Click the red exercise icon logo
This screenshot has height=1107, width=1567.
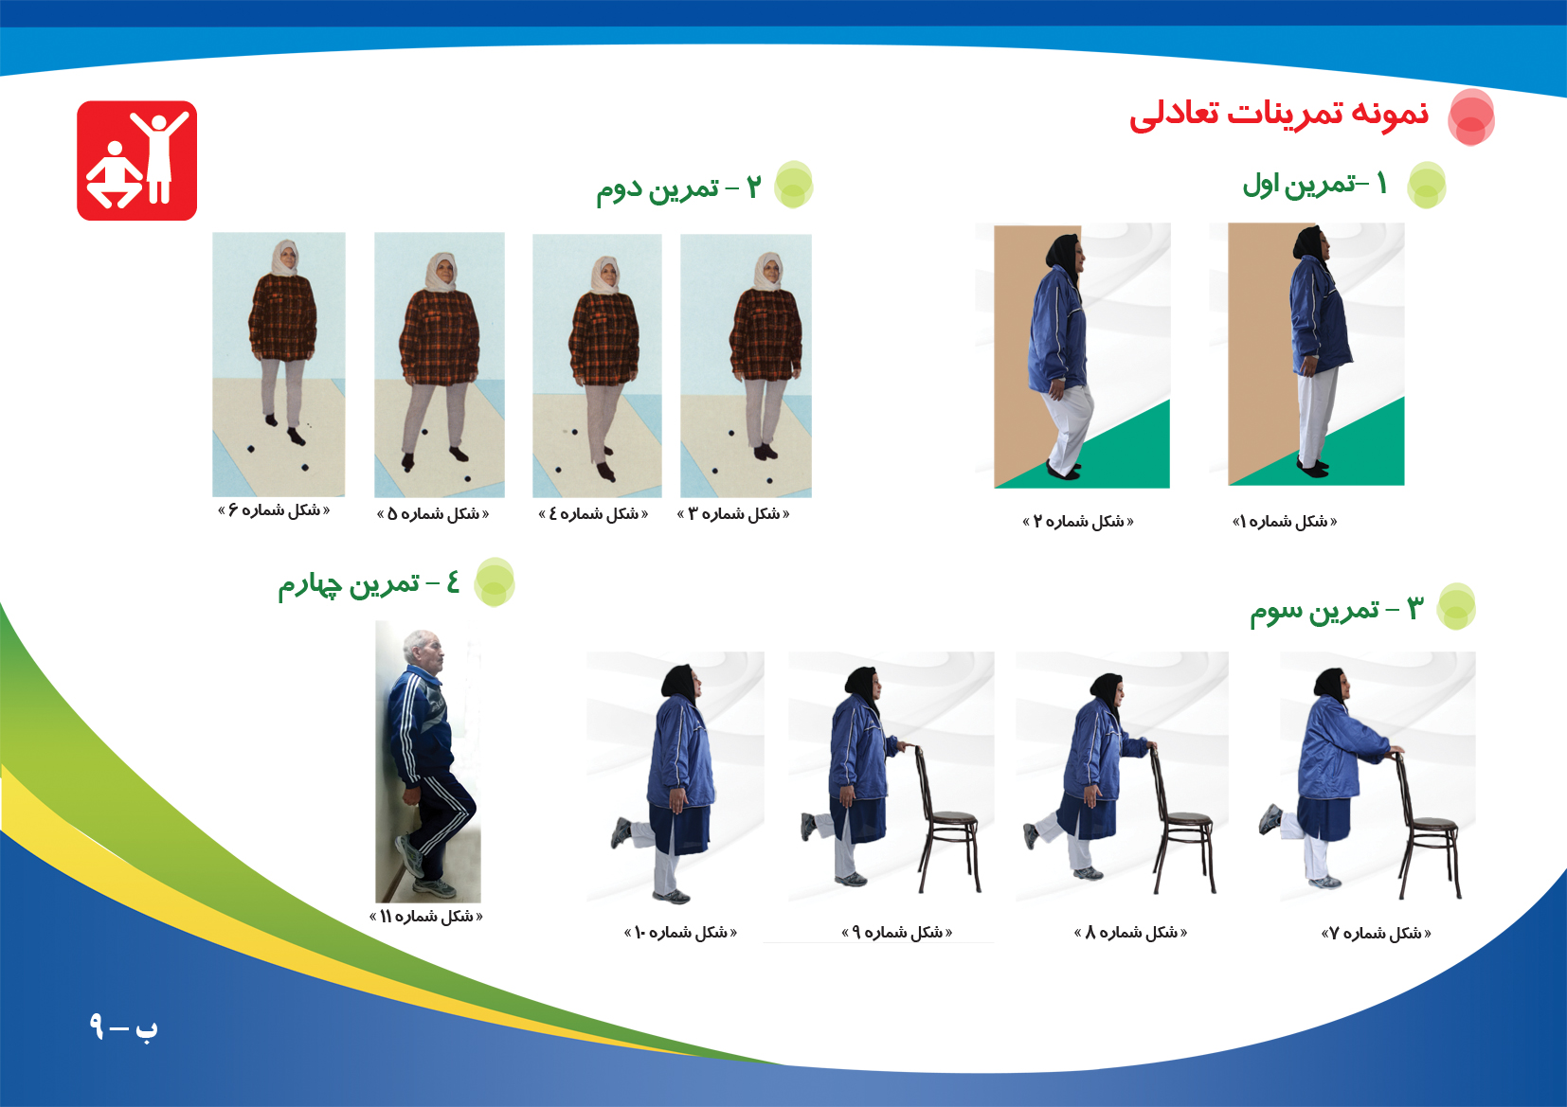(x=137, y=161)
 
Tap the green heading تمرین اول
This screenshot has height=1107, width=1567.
(x=1315, y=185)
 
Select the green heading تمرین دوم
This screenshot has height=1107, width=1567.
(x=678, y=188)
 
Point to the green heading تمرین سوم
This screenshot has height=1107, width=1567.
(x=1337, y=611)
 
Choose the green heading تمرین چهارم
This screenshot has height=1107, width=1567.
(x=369, y=584)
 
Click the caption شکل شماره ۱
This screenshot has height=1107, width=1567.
(x=1285, y=522)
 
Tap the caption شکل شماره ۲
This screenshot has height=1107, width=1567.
(x=1078, y=522)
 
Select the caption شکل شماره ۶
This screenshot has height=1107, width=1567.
(x=274, y=510)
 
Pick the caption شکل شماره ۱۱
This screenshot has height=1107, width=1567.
(x=425, y=916)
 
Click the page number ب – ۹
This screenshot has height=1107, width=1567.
(x=124, y=1027)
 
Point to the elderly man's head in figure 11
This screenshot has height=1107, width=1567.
(x=424, y=652)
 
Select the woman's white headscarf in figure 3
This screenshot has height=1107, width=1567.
(x=768, y=272)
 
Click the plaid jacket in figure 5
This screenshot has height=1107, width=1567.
(x=440, y=337)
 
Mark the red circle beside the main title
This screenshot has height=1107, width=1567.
(x=1471, y=117)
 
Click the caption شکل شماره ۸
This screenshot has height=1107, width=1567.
(x=1130, y=933)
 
